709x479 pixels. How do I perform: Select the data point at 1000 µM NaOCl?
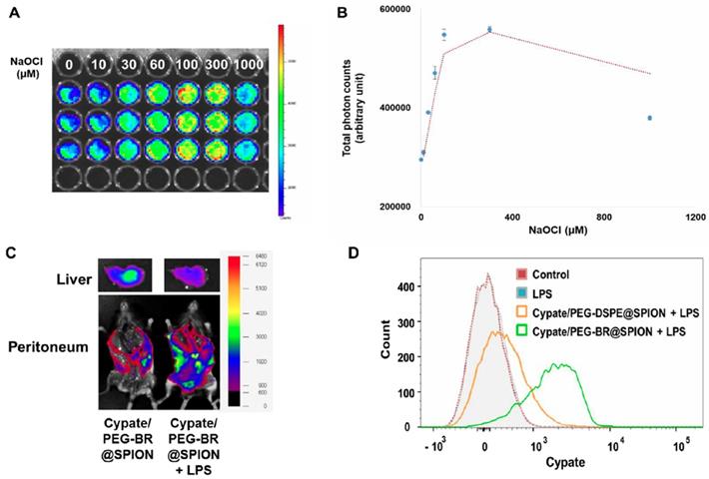pos(649,118)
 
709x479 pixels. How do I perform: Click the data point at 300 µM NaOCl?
pos(489,30)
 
